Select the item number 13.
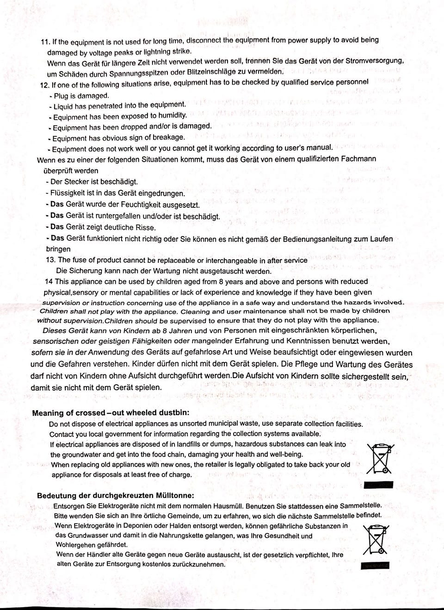coord(50,260)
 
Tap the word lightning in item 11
coord(144,51)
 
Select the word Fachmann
coord(358,159)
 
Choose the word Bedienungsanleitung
coord(317,239)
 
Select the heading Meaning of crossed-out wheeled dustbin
coord(111,413)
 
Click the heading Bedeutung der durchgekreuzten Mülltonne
coord(116,496)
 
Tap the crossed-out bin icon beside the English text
coord(380,458)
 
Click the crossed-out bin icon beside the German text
coord(376,539)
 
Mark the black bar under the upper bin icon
coord(378,485)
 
